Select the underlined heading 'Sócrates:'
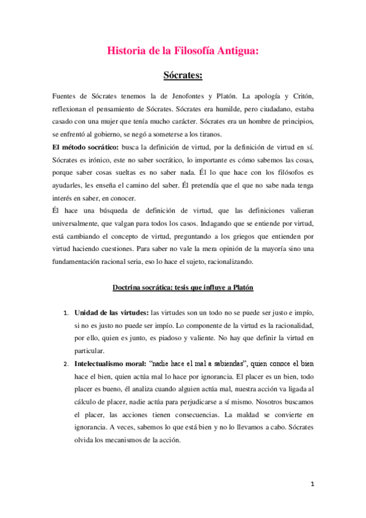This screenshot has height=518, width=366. pyautogui.click(x=183, y=76)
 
